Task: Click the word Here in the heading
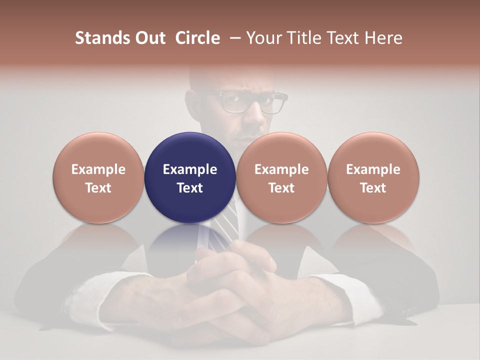click(x=383, y=38)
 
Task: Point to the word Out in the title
click(x=149, y=38)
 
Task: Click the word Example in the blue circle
click(x=190, y=169)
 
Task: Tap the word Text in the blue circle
click(x=190, y=188)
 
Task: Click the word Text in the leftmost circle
click(x=98, y=188)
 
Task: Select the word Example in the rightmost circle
click(x=373, y=169)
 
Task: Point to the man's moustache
click(x=250, y=134)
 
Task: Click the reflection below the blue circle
click(x=190, y=240)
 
